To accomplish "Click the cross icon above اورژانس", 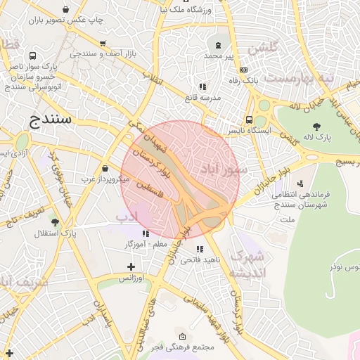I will [131, 266].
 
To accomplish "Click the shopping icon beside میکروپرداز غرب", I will [105, 169].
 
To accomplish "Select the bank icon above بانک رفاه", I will [243, 70].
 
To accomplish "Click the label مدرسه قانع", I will [202, 97].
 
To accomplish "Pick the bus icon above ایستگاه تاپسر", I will [249, 120].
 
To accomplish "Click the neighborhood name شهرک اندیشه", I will [250, 263].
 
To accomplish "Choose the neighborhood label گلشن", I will [264, 46].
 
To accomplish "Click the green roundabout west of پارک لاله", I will [264, 105].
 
